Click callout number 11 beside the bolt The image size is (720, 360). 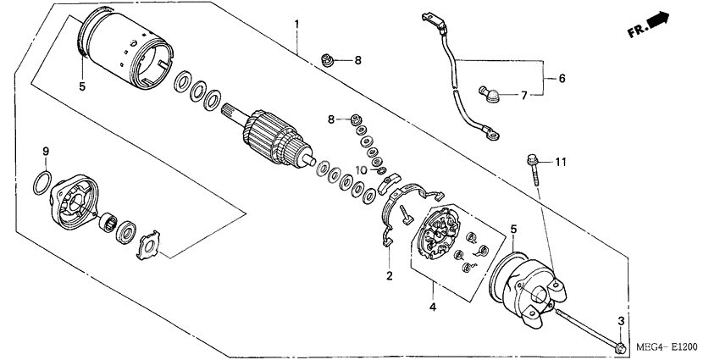(560, 161)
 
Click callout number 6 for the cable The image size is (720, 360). (561, 78)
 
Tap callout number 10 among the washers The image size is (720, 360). (362, 170)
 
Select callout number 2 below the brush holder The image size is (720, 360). (390, 276)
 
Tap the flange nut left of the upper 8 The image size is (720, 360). (326, 59)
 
